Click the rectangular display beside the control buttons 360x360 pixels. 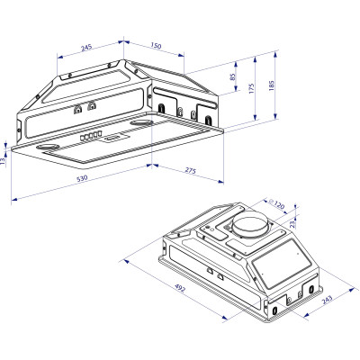(x=114, y=137)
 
